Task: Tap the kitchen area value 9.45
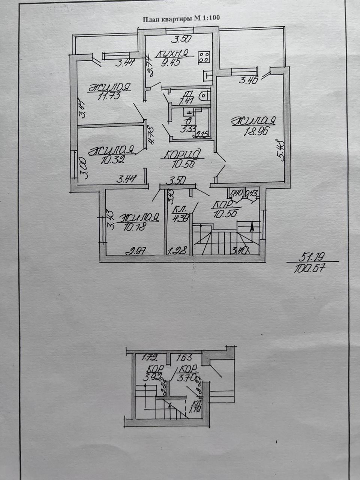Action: click(171, 61)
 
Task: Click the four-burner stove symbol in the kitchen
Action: click(204, 57)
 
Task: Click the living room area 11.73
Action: click(109, 96)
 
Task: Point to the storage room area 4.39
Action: click(180, 218)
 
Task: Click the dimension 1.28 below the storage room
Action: click(178, 250)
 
